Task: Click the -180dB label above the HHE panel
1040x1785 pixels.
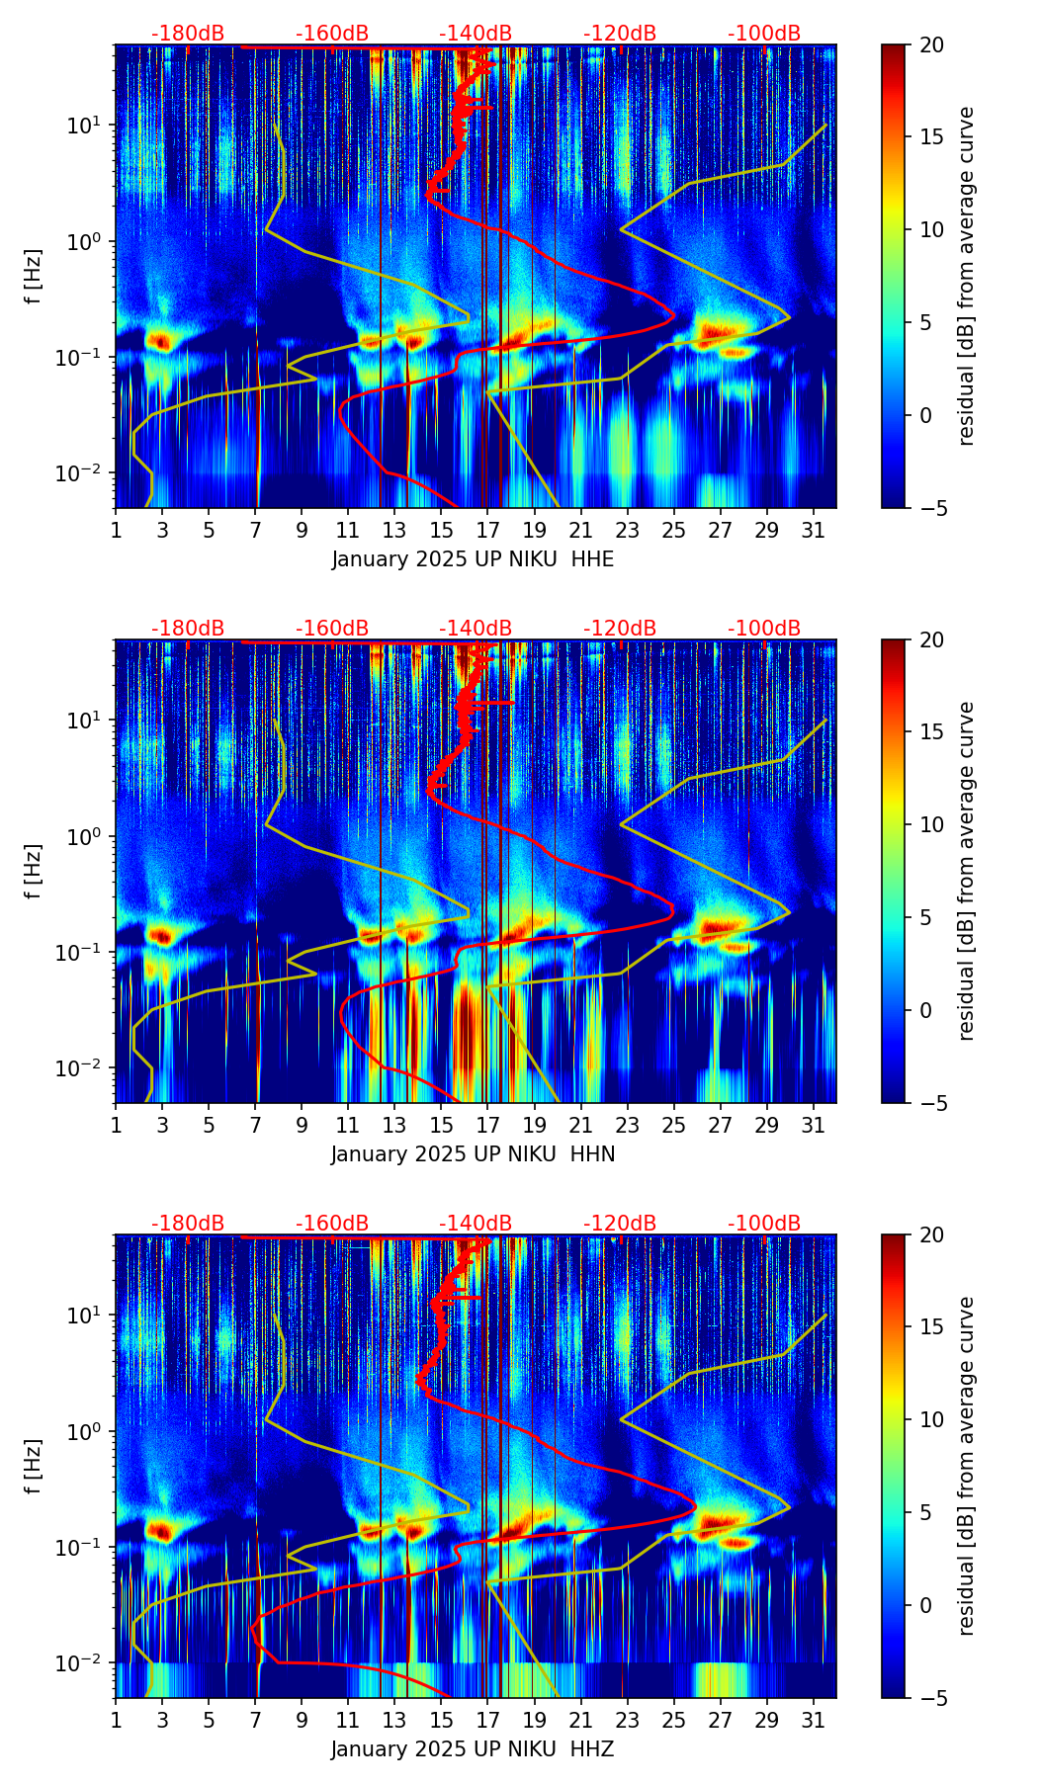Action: click(x=188, y=34)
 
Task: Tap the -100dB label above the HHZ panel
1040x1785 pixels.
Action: click(x=764, y=1224)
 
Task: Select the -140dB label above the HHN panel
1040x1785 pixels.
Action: click(x=476, y=629)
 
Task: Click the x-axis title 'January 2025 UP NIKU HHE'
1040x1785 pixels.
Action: click(x=473, y=559)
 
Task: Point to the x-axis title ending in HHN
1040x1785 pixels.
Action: click(x=473, y=1154)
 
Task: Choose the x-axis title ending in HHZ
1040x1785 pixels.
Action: click(x=473, y=1749)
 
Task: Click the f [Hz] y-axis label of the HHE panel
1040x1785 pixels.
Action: click(x=34, y=276)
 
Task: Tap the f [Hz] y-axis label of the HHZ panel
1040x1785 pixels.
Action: click(x=34, y=1466)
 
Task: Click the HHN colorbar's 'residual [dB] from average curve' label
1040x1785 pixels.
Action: click(x=967, y=871)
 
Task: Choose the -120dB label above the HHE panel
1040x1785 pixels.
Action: click(x=620, y=34)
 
